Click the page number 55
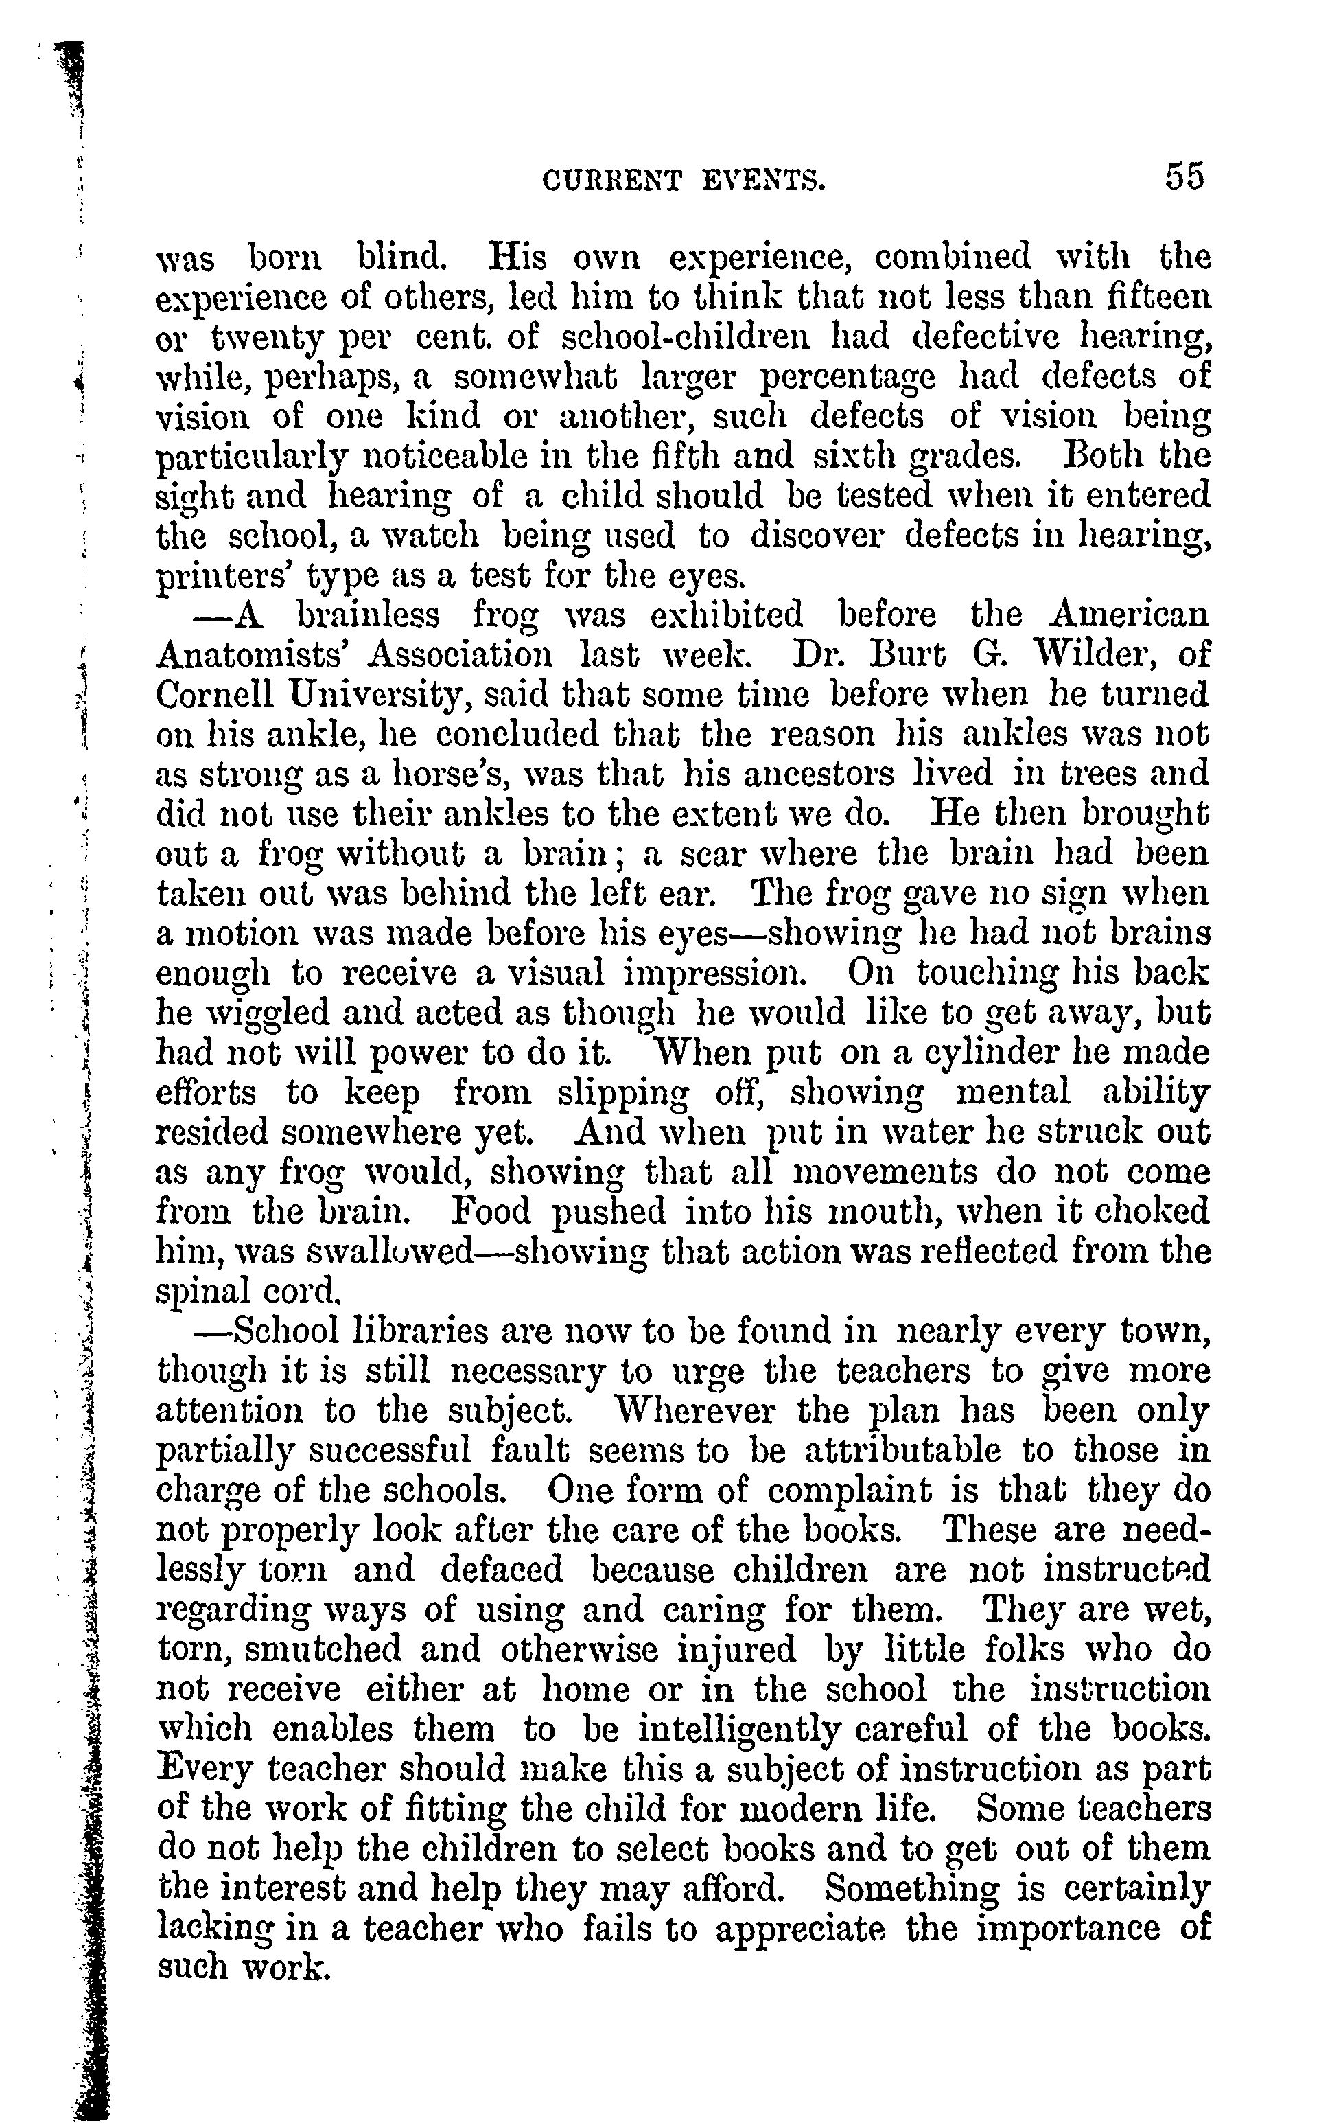(x=1183, y=177)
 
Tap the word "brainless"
(x=368, y=615)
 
